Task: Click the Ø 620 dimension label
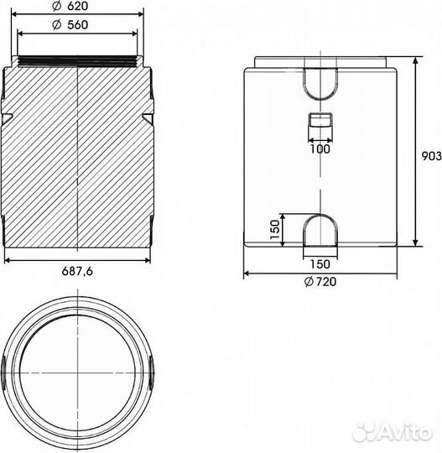[70, 6]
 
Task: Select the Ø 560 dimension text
[70, 25]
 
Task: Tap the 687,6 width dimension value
[77, 271]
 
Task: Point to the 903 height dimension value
[432, 156]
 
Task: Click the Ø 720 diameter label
[320, 282]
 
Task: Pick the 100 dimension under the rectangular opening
[320, 149]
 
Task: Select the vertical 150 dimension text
[275, 230]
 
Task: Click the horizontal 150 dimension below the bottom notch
[320, 264]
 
